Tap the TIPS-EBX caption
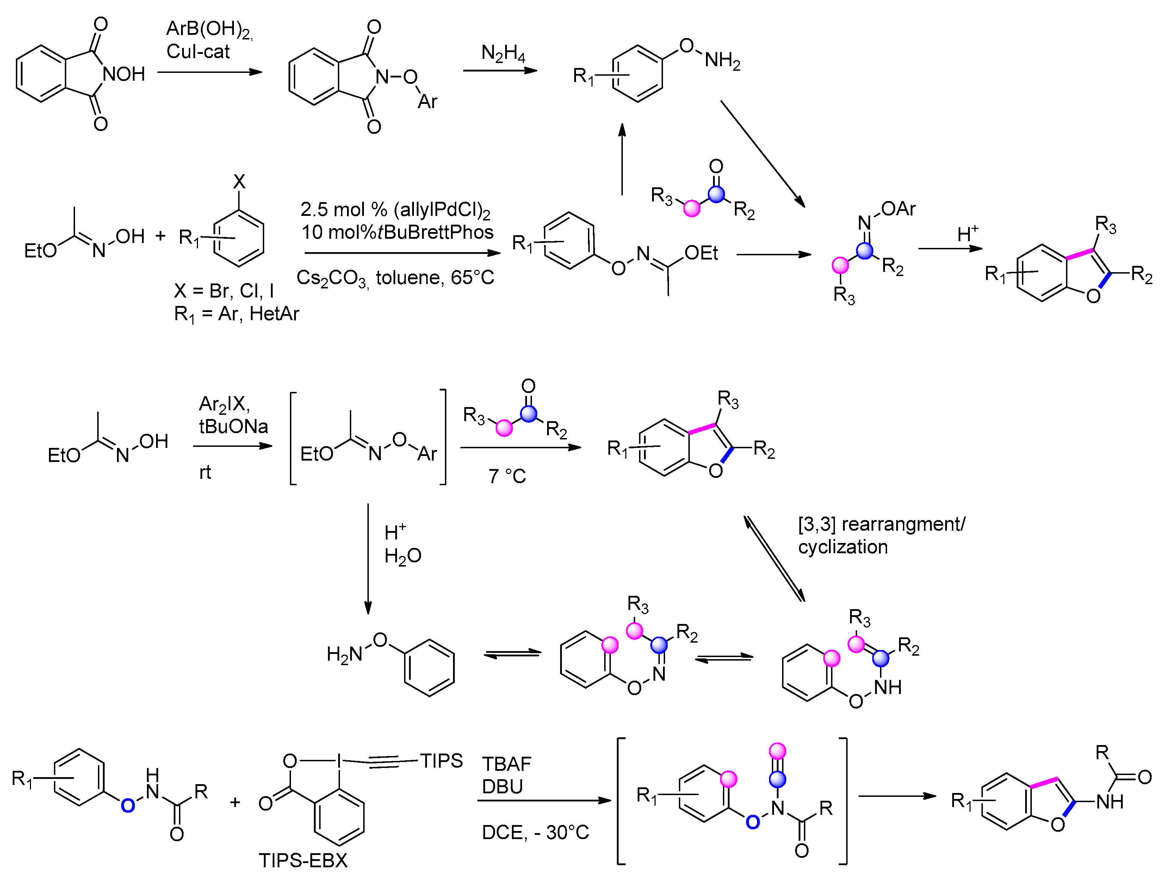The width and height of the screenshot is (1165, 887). (x=303, y=861)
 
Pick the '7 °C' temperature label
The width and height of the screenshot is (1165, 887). (x=507, y=476)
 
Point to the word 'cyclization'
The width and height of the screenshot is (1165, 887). (x=843, y=547)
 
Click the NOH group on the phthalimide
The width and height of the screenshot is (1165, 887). (x=124, y=74)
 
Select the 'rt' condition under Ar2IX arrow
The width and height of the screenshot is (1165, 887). (x=205, y=472)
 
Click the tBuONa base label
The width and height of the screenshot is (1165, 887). (x=234, y=426)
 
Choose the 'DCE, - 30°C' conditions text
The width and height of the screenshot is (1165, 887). (x=535, y=833)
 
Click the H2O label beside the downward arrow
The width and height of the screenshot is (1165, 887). (x=402, y=556)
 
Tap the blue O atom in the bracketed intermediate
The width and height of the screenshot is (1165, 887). (x=752, y=822)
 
